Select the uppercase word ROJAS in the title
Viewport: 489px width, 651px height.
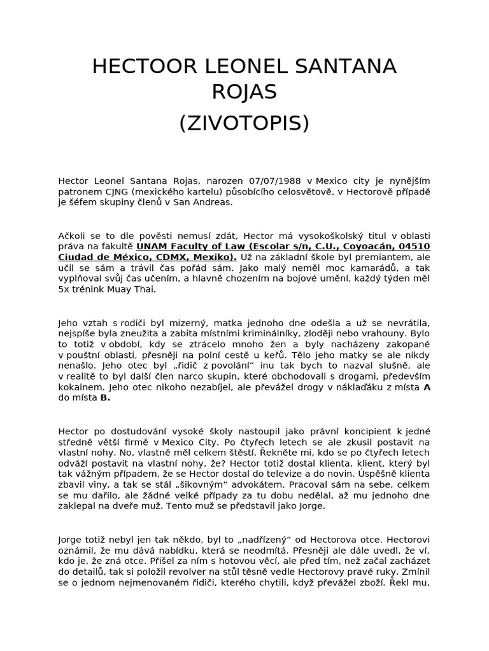[244, 92]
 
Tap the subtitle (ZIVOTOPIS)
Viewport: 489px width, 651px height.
[244, 123]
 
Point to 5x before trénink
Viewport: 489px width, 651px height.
[64, 290]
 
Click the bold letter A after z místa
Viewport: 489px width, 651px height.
[427, 387]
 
